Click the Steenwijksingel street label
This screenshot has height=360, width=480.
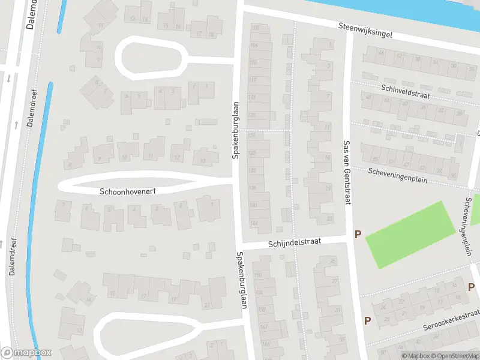coord(365,31)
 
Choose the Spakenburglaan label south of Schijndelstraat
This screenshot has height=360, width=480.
coord(242,280)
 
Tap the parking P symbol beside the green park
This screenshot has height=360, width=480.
coord(358,235)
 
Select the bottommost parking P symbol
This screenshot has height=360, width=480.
coord(367,320)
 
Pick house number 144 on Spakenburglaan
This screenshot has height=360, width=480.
coord(253,223)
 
